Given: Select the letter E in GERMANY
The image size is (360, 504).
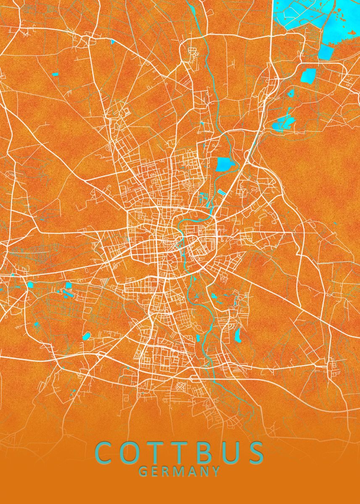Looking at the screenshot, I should point(155,472).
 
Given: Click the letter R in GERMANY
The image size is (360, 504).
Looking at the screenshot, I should point(166,472).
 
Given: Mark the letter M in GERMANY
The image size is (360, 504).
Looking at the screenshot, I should point(179,472).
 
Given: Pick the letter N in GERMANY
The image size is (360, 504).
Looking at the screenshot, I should point(205,472).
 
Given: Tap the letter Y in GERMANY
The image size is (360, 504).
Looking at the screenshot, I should point(216,472).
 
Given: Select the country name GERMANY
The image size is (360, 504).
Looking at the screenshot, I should point(179,472).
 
